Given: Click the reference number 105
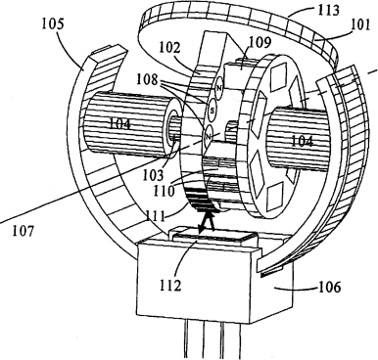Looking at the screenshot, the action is click(54, 25).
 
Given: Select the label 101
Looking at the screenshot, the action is click(360, 25).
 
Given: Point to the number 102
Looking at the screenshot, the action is click(169, 48).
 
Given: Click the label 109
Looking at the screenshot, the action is click(260, 42).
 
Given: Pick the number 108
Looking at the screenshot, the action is click(148, 79).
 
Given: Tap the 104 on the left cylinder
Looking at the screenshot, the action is click(118, 124).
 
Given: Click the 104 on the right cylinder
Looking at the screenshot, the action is click(302, 142).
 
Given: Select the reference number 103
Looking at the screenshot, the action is click(153, 175).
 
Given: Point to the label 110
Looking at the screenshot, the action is click(164, 191).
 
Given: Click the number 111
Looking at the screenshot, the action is click(156, 216).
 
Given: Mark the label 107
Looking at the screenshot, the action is click(23, 232).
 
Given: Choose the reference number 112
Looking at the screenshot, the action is click(170, 286).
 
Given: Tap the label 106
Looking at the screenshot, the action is click(329, 288).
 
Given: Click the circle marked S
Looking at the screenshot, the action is click(213, 110).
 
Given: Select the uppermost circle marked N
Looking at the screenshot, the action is click(219, 88).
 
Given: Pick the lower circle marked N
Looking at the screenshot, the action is click(208, 136).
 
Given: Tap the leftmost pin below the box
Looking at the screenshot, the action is click(186, 339).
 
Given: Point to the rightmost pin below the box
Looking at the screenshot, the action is click(240, 339).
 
